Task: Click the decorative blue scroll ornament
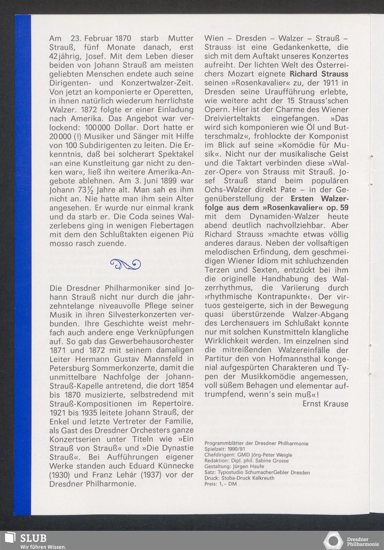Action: click(125, 264)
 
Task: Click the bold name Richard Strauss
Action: click(319, 74)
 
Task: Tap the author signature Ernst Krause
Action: click(325, 404)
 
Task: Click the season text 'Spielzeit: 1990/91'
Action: click(225, 449)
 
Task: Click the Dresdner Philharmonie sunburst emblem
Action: click(333, 540)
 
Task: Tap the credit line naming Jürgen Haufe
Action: click(234, 467)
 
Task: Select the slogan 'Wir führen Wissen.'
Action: click(43, 546)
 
